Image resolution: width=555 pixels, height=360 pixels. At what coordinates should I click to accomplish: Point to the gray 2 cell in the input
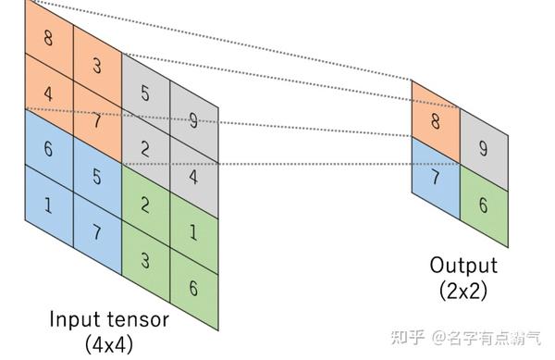click(x=145, y=148)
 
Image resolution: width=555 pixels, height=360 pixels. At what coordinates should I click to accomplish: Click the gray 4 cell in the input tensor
click(x=193, y=173)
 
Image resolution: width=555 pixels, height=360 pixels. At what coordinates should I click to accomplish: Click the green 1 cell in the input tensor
click(x=193, y=230)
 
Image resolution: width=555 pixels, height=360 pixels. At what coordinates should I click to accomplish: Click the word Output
click(x=462, y=266)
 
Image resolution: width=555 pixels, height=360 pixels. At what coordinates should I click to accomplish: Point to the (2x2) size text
click(x=462, y=290)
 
